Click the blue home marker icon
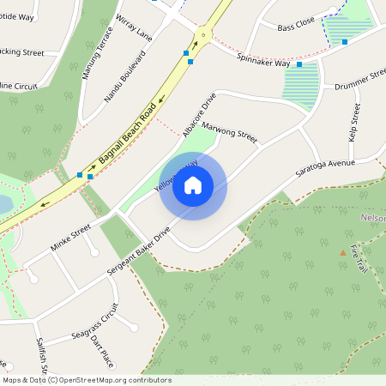[x=193, y=185]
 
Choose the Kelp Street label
[x=353, y=124]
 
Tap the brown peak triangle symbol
[x=343, y=252]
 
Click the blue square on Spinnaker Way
[x=299, y=64]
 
